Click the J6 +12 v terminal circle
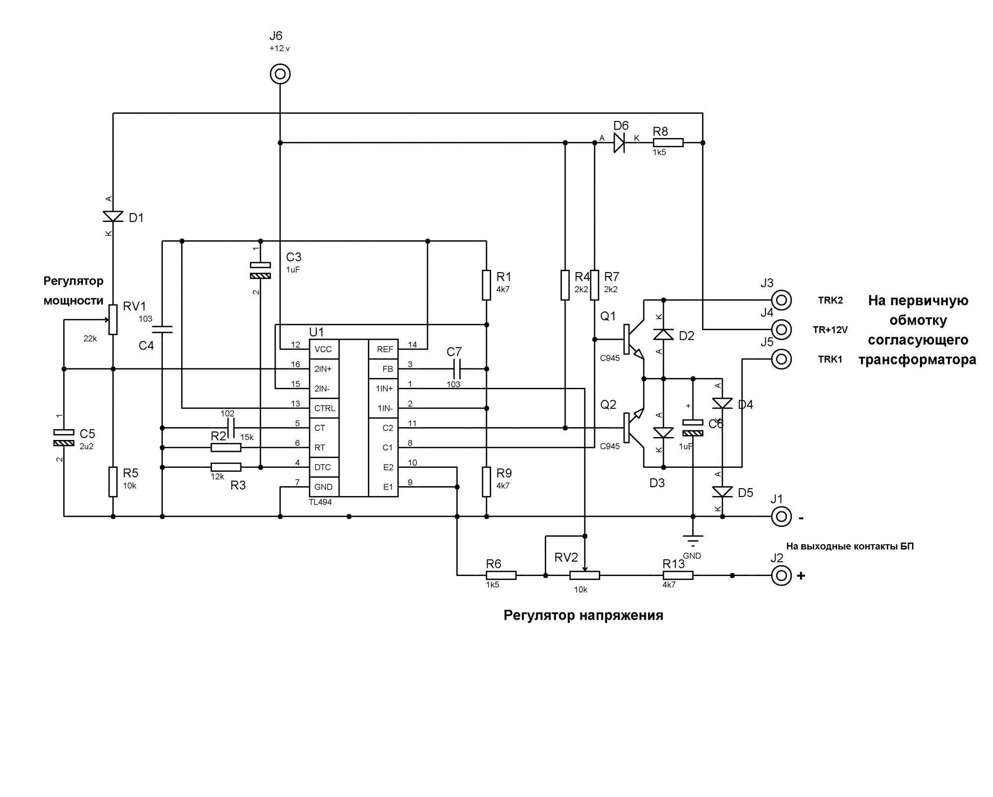280,74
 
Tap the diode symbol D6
619,143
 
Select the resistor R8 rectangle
668,143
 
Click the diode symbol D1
113,217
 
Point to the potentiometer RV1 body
113,319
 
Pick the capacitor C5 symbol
64,437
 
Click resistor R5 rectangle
113,482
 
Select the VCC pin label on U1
323,350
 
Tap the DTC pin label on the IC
322,467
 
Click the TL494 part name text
320,502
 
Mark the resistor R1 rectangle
487,285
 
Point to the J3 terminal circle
781,300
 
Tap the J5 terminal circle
781,359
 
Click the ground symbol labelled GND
693,540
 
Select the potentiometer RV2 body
584,576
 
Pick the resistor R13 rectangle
678,576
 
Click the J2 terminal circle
781,576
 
